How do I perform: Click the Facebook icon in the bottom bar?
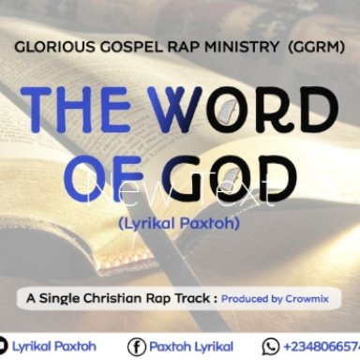(136, 347)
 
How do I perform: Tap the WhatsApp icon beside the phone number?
(272, 347)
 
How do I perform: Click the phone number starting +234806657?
(322, 347)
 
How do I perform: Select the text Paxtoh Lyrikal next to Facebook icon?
(193, 347)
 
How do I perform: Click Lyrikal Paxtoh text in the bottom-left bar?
(52, 347)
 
